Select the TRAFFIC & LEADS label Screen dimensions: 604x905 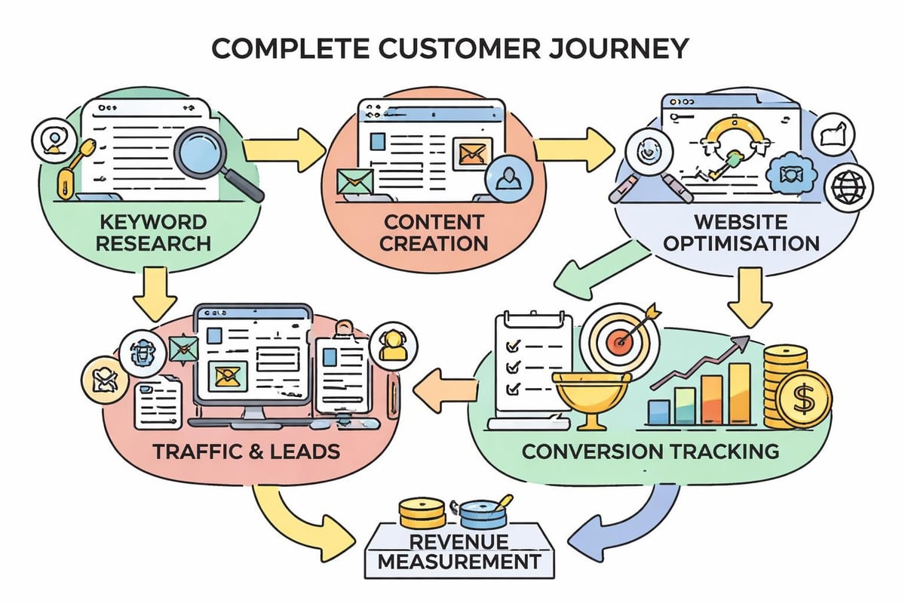tap(246, 452)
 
